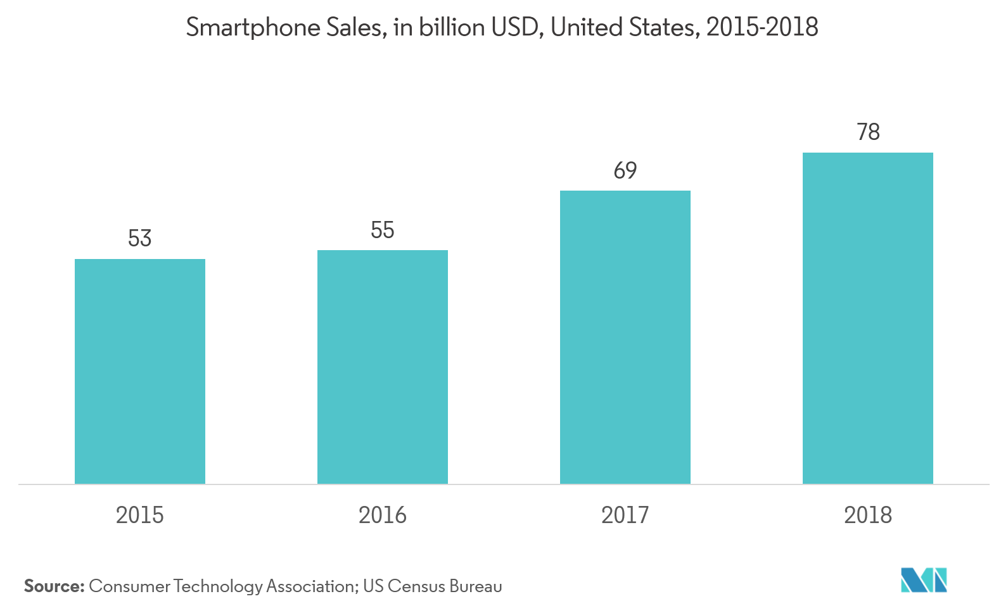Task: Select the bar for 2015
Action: click(x=139, y=371)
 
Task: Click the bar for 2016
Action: click(x=382, y=367)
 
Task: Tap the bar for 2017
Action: click(x=625, y=337)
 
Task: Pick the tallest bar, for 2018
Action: click(x=867, y=318)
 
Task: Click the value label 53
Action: click(x=139, y=239)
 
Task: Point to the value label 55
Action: click(x=382, y=230)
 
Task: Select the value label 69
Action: click(x=625, y=170)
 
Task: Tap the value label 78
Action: click(x=867, y=132)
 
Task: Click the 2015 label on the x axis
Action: click(x=139, y=515)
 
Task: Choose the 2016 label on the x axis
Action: click(x=382, y=515)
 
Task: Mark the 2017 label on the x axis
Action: click(x=625, y=515)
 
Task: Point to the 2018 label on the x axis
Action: click(x=867, y=515)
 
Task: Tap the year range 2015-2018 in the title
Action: click(x=762, y=27)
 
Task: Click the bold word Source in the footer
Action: click(x=54, y=586)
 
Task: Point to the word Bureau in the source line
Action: click(x=475, y=586)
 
